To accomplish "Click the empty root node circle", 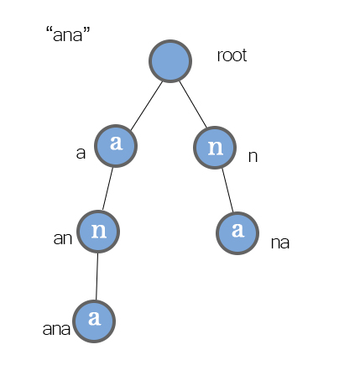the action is [x=170, y=61].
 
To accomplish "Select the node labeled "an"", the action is [x=98, y=232].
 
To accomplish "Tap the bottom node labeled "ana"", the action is [x=94, y=321].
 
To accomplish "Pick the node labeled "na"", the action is [x=237, y=233].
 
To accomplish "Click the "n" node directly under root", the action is [x=215, y=148].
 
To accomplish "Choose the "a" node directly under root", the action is [x=116, y=146].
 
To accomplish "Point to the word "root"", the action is [x=232, y=55].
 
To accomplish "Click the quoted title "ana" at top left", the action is [x=68, y=34].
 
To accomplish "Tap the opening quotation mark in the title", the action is [x=50, y=29].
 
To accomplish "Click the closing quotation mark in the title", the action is [x=86, y=29].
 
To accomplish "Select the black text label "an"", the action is [x=63, y=238].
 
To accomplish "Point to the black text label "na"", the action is [x=280, y=243].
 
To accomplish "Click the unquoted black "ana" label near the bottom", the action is [x=56, y=329].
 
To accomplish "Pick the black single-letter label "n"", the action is [x=253, y=157].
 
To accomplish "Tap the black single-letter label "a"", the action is [x=81, y=154].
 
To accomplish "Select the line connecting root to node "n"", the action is [x=193, y=104].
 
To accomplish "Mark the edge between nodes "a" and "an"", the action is [x=107, y=189].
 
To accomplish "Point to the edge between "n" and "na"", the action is [x=227, y=190].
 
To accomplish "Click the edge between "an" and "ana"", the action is [x=97, y=276].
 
